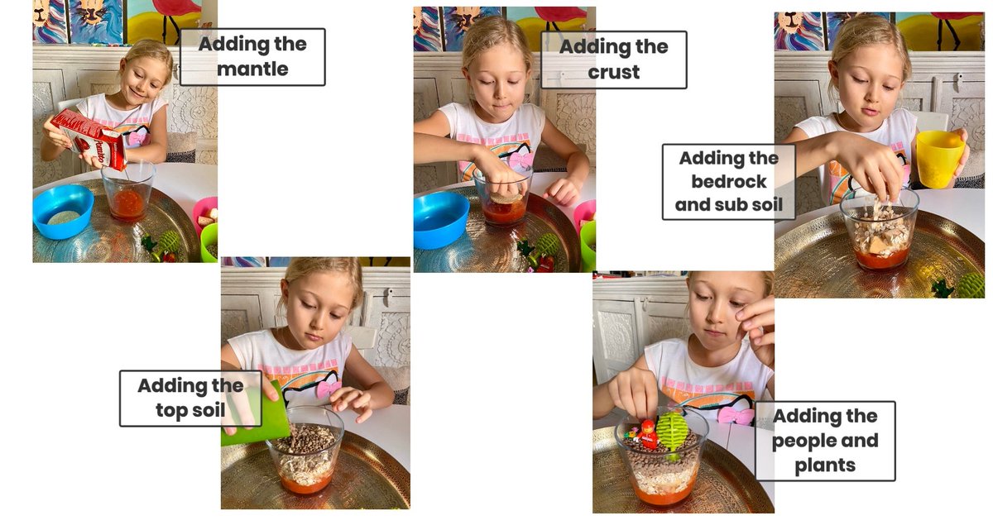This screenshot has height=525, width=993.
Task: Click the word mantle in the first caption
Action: (252, 69)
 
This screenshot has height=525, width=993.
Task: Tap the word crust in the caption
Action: (614, 72)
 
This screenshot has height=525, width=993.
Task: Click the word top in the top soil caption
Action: (172, 411)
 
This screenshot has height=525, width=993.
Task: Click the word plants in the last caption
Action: (825, 465)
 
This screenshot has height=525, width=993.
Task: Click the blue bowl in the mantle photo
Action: (63, 210)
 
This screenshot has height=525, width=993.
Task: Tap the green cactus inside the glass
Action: (671, 432)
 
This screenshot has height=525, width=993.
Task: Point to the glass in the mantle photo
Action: (127, 192)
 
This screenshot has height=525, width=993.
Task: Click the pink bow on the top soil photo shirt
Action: (328, 389)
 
